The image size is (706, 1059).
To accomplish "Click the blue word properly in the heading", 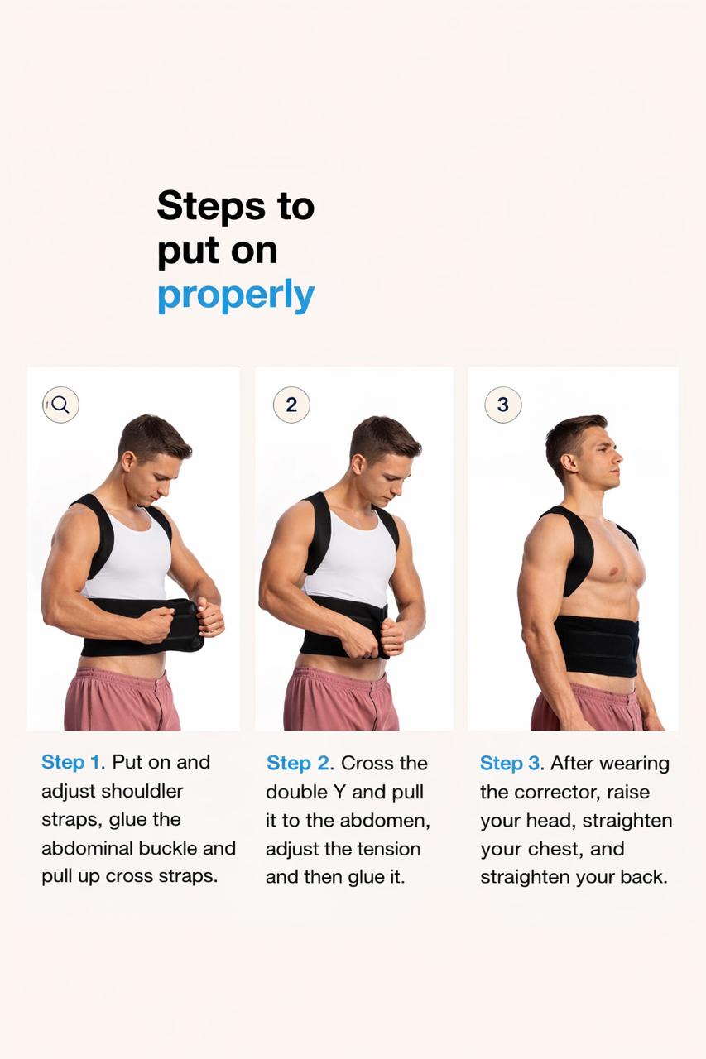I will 236,295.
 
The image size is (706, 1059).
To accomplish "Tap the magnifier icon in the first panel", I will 60,405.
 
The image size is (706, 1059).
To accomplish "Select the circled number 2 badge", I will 291,405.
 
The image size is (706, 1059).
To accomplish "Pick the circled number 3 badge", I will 503,405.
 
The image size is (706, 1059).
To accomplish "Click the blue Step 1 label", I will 74,762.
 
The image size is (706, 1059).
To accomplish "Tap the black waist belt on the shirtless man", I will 596,645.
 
